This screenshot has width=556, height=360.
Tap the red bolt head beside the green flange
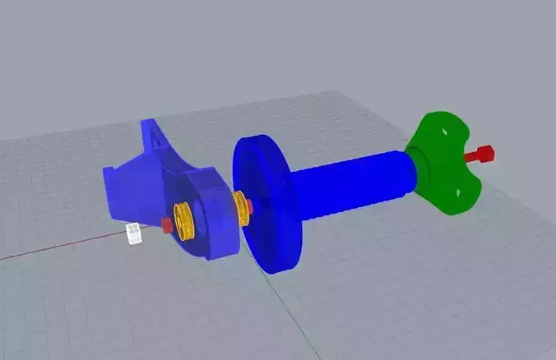(485, 153)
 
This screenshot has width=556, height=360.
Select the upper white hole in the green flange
(444, 132)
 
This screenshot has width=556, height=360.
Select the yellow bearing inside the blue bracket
(183, 221)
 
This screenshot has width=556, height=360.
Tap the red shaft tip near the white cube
(166, 225)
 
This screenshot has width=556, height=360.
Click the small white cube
(133, 233)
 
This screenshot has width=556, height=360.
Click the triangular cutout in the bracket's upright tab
(152, 145)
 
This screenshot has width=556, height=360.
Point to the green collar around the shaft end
(416, 164)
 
